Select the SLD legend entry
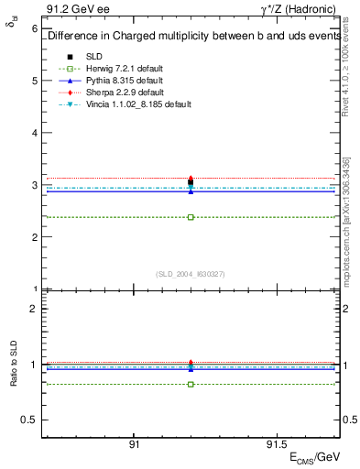point(94,57)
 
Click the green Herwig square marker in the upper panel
point(191,217)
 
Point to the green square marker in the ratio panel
point(191,384)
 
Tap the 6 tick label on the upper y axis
point(34,28)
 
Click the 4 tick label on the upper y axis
point(34,133)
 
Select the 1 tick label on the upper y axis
point(34,289)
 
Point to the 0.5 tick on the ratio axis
point(29,420)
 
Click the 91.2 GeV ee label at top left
point(68,10)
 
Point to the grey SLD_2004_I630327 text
point(191,273)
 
